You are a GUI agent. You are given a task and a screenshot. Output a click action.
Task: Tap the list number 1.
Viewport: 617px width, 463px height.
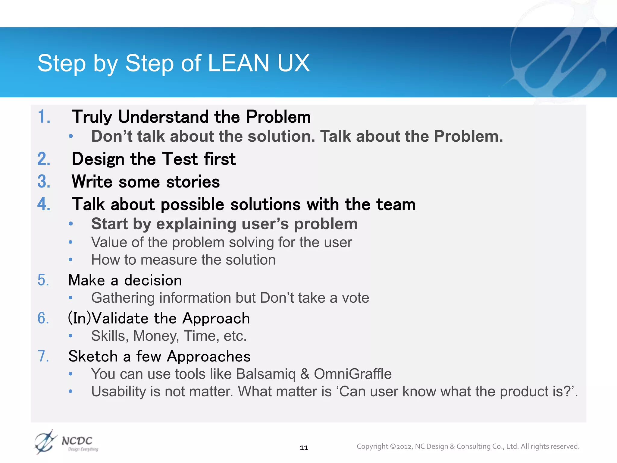[x=43, y=117]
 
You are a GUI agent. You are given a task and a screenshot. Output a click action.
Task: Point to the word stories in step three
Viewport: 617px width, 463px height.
[x=193, y=182]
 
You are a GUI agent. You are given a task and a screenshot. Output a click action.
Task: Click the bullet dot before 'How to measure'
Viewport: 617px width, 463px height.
[x=70, y=260]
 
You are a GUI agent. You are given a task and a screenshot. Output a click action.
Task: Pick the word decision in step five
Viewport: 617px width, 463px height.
[x=153, y=280]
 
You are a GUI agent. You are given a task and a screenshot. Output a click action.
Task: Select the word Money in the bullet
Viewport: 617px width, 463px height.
[x=156, y=336]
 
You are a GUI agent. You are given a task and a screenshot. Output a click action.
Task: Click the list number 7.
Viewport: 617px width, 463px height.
[x=43, y=356]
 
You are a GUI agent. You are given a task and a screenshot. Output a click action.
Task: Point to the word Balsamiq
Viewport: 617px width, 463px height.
[x=266, y=374]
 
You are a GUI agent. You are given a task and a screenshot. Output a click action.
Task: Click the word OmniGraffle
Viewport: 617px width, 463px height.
[x=352, y=374]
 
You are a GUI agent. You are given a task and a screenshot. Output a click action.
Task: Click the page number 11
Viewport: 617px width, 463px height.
[x=304, y=448]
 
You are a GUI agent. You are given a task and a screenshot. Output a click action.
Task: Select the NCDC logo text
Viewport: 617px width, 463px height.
[x=77, y=441]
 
